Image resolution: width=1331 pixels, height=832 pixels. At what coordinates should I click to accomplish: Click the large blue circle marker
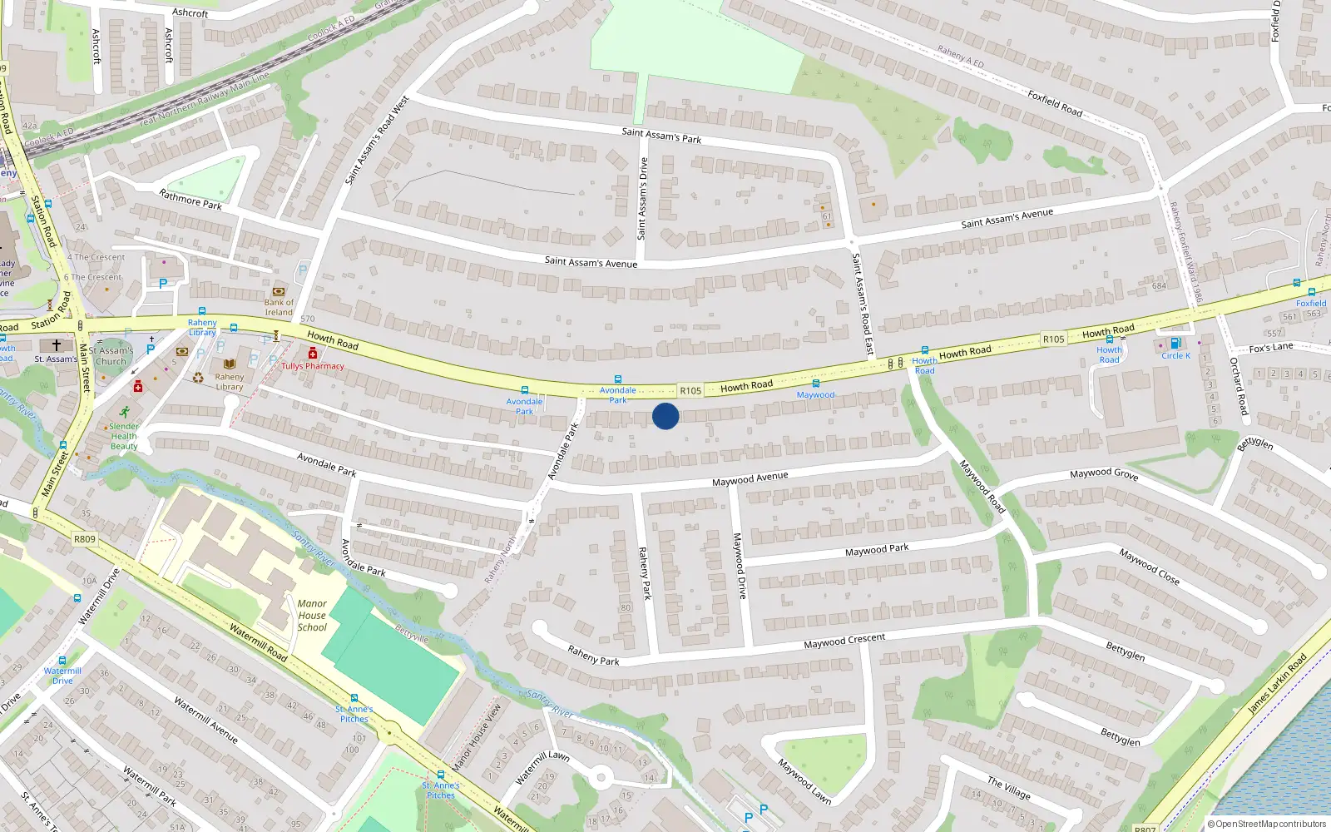tap(665, 416)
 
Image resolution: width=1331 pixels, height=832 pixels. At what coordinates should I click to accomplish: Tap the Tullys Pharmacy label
tap(312, 366)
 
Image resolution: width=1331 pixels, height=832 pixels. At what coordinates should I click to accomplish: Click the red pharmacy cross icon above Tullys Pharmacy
tap(313, 354)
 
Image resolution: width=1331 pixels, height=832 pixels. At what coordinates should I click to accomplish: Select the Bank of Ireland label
tap(279, 307)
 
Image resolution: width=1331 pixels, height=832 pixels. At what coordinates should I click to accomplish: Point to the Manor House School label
tap(312, 616)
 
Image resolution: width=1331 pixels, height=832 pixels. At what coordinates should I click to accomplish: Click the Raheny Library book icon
tap(230, 364)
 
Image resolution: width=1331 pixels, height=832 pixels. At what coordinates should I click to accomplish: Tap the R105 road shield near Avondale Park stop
tap(690, 390)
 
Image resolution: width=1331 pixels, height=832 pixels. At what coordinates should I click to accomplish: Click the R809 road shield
tap(85, 539)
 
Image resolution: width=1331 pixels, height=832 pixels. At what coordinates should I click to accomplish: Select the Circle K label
tap(1175, 355)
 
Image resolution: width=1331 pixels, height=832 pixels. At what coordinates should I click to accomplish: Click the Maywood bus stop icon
tap(816, 384)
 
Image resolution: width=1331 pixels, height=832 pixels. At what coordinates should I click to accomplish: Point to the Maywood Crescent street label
tap(844, 641)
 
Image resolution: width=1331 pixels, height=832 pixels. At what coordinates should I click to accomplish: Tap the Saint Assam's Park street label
tap(661, 136)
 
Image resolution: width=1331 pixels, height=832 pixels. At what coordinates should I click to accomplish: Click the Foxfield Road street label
tap(1055, 103)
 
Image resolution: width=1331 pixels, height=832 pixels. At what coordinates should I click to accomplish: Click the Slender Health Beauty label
tap(124, 436)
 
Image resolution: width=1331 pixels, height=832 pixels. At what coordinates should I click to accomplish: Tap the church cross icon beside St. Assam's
tap(57, 344)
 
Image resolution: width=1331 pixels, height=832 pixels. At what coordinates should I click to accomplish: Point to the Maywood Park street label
tap(877, 550)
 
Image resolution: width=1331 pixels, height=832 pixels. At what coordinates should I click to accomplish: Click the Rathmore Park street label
tap(190, 200)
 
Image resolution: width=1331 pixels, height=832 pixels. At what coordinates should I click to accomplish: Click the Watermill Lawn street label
tap(542, 767)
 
